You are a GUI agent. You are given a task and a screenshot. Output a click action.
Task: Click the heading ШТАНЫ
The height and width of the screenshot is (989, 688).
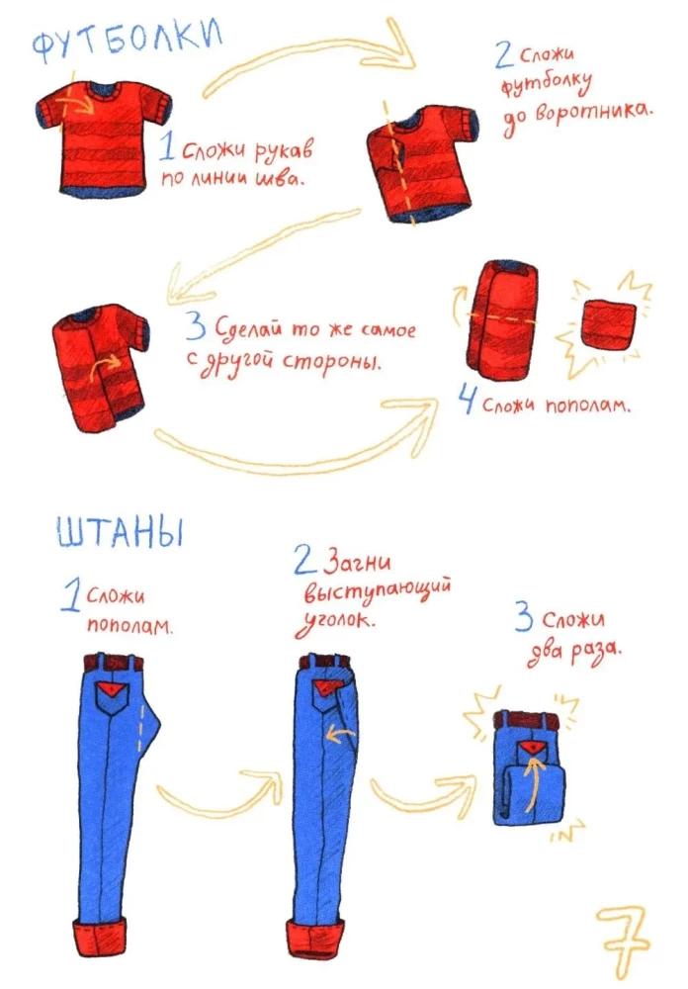point(121,534)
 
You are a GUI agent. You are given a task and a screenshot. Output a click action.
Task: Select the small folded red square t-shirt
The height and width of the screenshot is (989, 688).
point(608,324)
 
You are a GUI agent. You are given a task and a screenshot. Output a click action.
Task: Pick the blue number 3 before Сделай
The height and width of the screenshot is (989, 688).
point(196,328)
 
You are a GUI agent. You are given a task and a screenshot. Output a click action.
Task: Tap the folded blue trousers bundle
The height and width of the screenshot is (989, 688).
point(529,767)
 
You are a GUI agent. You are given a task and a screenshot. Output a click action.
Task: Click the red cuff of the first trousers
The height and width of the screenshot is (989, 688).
point(100,938)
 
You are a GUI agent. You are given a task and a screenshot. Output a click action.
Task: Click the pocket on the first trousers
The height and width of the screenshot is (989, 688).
point(113,698)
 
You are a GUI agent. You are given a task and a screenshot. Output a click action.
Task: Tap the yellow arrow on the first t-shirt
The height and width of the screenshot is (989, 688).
point(79,100)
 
